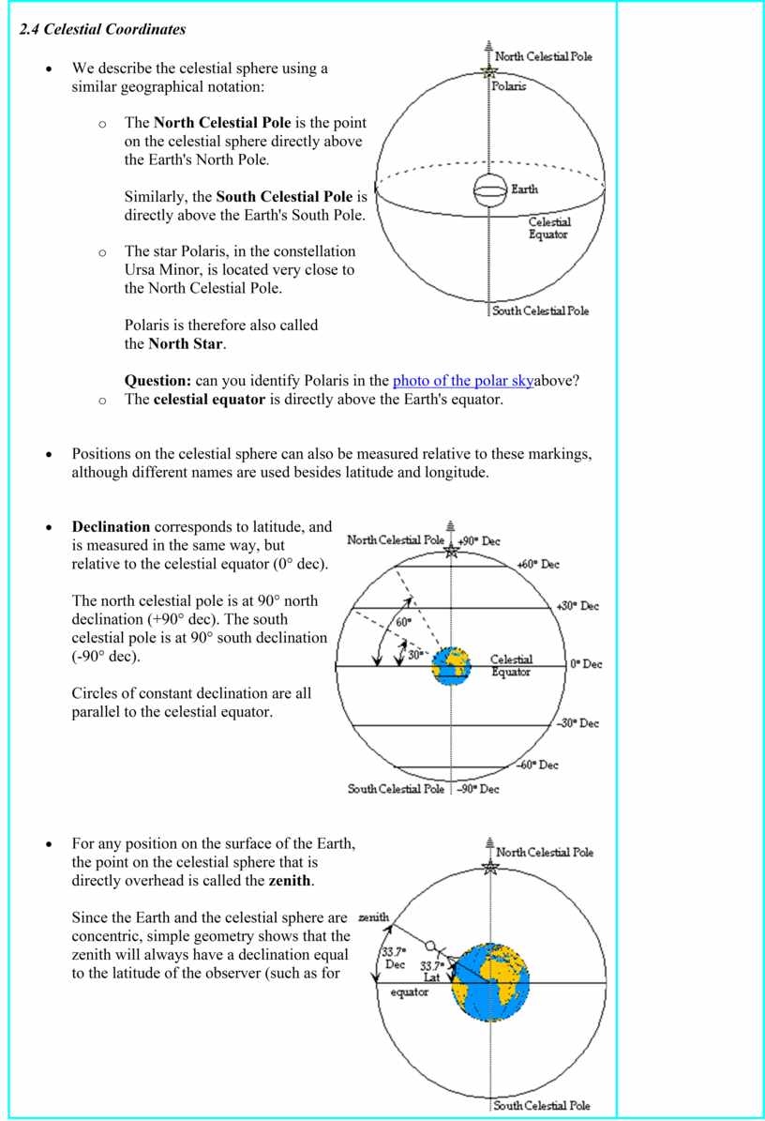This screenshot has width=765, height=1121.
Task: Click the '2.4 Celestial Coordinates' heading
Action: pos(103,29)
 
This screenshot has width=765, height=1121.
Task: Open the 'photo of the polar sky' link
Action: pos(463,381)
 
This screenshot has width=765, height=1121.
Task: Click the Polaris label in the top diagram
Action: pos(509,86)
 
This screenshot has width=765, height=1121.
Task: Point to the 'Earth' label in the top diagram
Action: pos(524,189)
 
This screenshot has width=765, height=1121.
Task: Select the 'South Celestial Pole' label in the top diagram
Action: pos(541,311)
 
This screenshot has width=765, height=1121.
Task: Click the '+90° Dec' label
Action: pos(479,541)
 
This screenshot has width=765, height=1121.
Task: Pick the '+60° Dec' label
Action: pos(538,565)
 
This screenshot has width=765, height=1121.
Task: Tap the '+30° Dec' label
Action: pos(577,606)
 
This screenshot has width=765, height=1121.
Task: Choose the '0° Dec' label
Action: pos(586,664)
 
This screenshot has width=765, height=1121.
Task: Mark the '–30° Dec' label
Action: pos(577,723)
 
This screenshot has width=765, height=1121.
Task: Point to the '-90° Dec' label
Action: pos(478,789)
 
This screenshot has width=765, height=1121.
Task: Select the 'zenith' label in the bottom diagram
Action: pos(375,916)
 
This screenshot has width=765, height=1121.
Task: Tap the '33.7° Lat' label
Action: pos(431,972)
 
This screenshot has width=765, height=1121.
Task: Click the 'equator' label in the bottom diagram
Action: pos(409,992)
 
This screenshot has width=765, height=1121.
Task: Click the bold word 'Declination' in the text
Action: pos(111,527)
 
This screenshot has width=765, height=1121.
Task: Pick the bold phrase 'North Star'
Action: pos(187,343)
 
